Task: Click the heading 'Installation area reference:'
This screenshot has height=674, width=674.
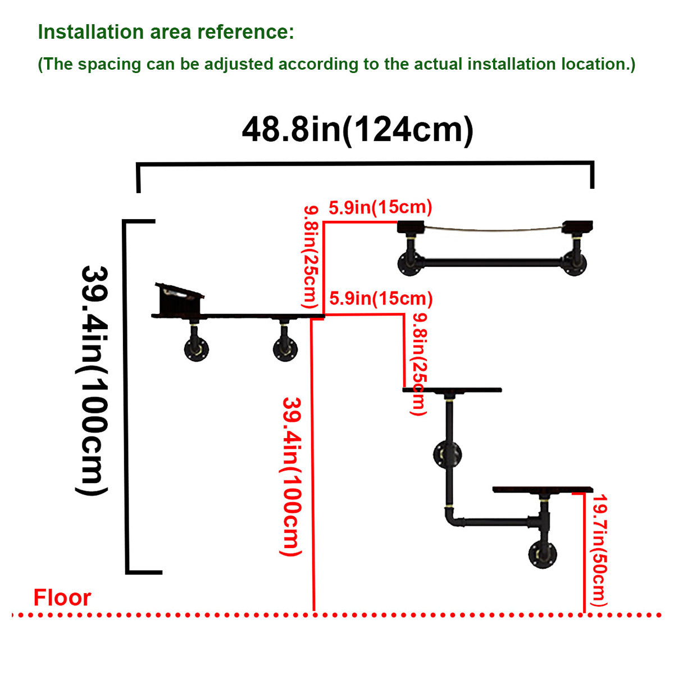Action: [166, 32]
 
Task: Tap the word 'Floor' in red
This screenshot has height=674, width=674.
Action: [62, 598]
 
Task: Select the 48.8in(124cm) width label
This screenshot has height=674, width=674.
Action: [358, 130]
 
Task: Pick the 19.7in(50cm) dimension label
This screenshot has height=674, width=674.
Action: [599, 550]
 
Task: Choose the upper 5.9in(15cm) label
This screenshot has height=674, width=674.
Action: [380, 208]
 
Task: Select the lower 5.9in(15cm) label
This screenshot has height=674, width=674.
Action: [381, 298]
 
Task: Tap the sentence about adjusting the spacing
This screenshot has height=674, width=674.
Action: [336, 64]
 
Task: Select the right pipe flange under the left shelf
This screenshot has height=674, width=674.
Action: [285, 348]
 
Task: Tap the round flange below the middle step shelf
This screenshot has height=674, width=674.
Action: [448, 453]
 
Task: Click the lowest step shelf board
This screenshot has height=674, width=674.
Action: [543, 489]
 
